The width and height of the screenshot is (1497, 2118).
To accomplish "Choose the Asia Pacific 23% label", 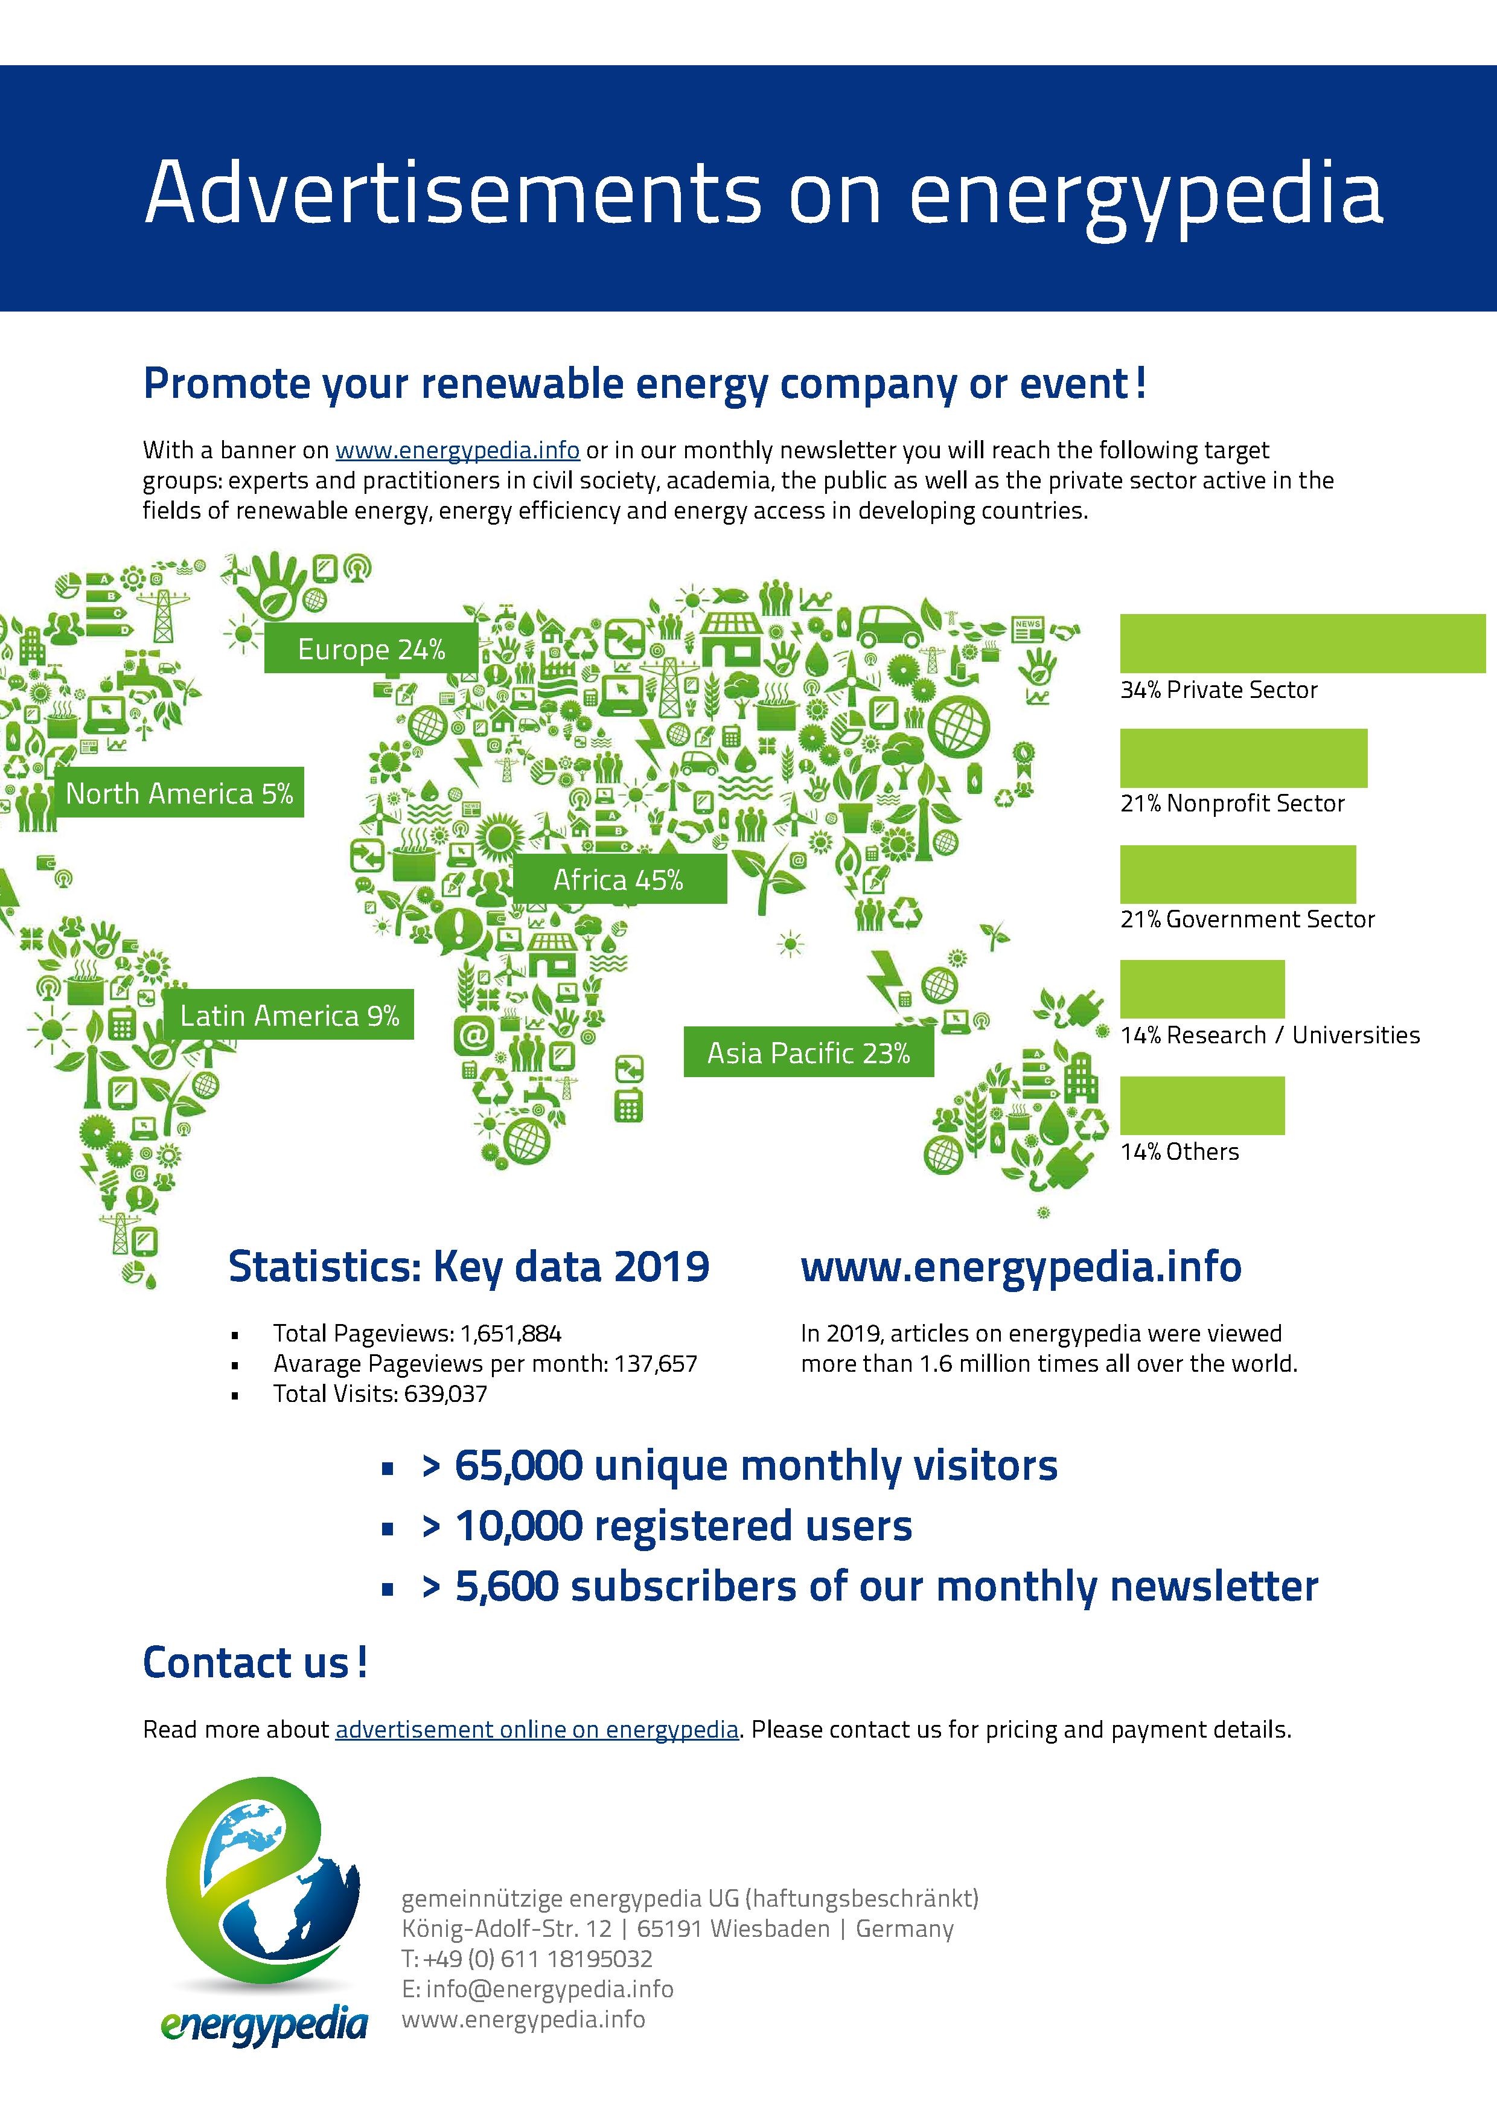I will tap(808, 1052).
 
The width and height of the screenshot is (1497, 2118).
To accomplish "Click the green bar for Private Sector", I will tap(1301, 643).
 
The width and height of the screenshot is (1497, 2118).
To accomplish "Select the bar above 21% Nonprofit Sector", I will tap(1242, 758).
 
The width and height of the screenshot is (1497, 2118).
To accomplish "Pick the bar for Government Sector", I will tap(1237, 874).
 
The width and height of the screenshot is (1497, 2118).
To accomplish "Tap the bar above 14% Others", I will tap(1202, 1105).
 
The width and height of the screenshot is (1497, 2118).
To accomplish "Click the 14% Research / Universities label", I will tap(1269, 1035).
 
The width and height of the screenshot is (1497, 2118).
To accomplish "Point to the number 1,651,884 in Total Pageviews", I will tap(511, 1333).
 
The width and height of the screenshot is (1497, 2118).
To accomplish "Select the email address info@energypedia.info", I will tap(550, 1988).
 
